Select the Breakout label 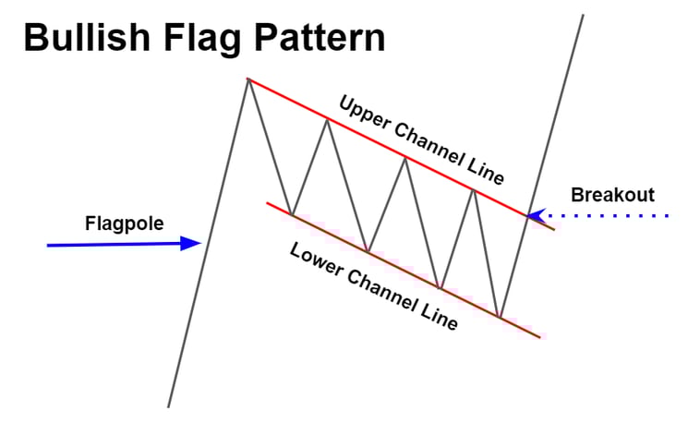tap(612, 195)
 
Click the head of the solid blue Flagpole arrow tap(196, 243)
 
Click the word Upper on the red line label tap(365, 112)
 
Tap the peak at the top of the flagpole tap(247, 79)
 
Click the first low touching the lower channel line tap(292, 214)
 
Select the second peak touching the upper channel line tap(404, 158)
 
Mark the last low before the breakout tap(500, 317)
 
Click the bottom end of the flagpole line tap(168, 405)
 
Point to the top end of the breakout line tap(584, 14)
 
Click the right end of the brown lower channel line tap(541, 337)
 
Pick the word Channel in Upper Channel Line tap(427, 144)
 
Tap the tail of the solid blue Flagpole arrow tap(48, 246)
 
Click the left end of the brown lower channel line tap(267, 202)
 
